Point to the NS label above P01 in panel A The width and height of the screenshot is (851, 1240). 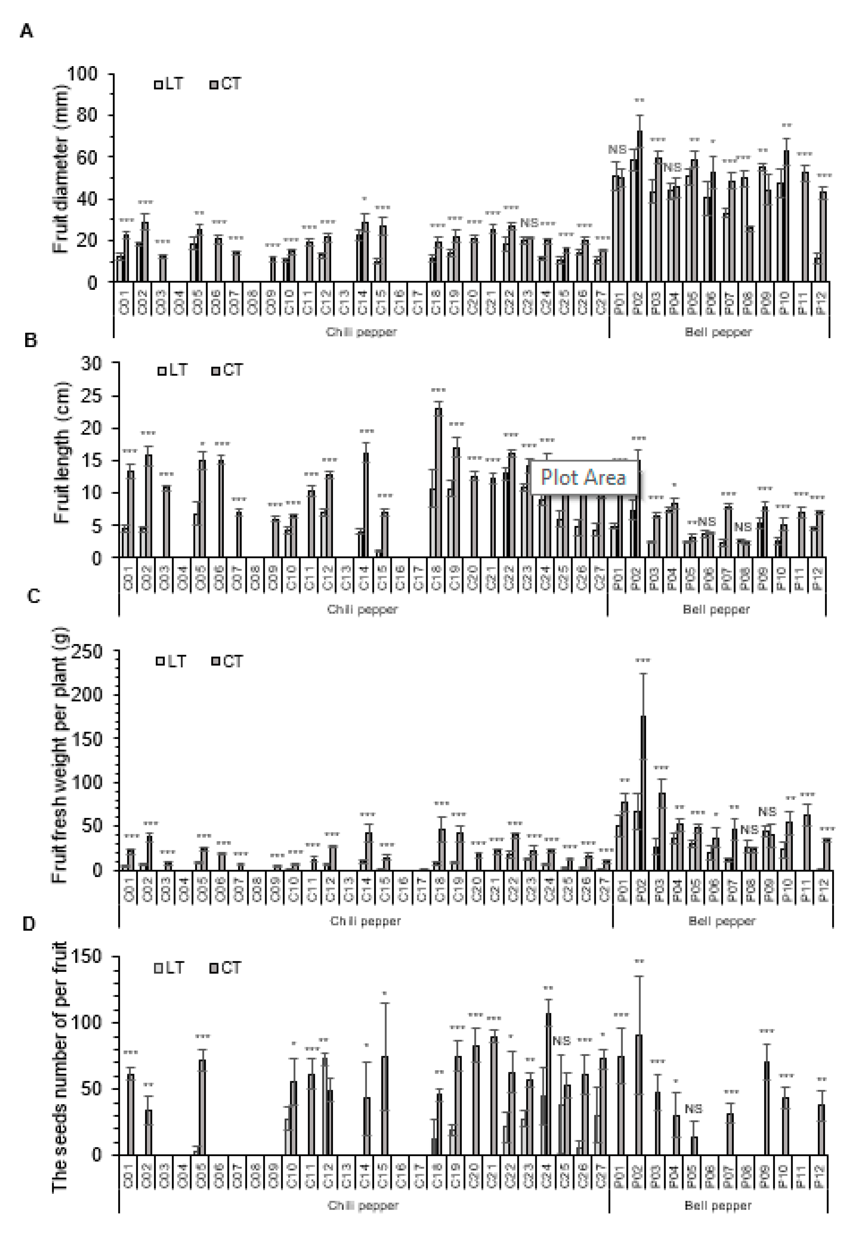(x=617, y=150)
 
